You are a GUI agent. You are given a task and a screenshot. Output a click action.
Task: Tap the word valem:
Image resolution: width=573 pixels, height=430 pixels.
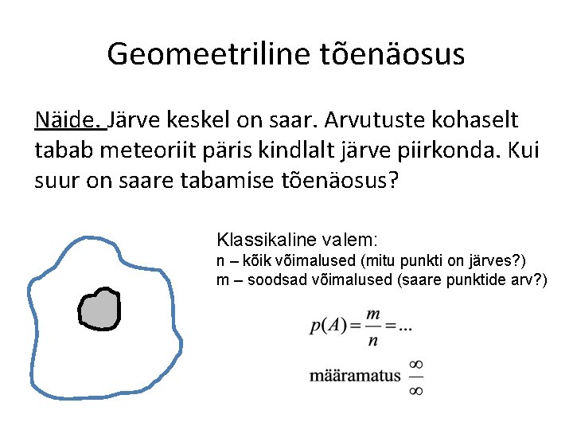click(x=353, y=239)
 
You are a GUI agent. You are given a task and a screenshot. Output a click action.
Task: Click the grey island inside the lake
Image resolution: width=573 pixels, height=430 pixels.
click(x=99, y=309)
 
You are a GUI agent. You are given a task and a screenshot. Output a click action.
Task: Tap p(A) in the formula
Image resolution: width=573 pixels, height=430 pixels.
click(x=328, y=326)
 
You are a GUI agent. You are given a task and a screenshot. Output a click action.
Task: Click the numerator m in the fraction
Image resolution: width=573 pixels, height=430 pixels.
click(x=372, y=315)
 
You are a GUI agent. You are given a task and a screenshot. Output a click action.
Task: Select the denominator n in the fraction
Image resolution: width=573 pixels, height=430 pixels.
click(x=372, y=340)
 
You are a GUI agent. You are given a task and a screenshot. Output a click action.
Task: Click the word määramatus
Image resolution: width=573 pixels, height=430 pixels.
click(x=356, y=376)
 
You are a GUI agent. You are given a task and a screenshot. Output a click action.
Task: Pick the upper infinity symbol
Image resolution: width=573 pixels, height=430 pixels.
click(x=415, y=365)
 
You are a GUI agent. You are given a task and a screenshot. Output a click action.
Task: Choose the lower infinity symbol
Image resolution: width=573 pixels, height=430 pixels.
click(x=415, y=389)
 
